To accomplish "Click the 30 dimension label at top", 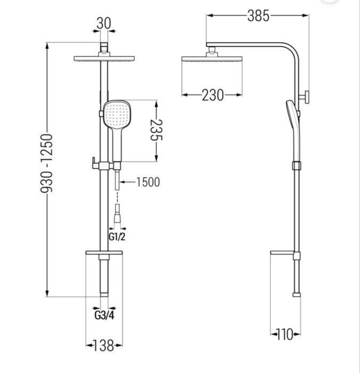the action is pyautogui.click(x=104, y=23).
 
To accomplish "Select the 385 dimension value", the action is pyautogui.click(x=258, y=16).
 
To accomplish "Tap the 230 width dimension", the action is pyautogui.click(x=213, y=95).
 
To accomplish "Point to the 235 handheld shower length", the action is pyautogui.click(x=156, y=130).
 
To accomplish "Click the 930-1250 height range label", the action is pyautogui.click(x=47, y=163).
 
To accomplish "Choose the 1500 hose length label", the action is pyautogui.click(x=148, y=182).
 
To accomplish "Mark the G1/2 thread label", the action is pyautogui.click(x=117, y=237).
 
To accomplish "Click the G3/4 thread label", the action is pyautogui.click(x=105, y=315).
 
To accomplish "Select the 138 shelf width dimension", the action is pyautogui.click(x=103, y=345).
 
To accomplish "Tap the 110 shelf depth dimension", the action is pyautogui.click(x=284, y=334).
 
